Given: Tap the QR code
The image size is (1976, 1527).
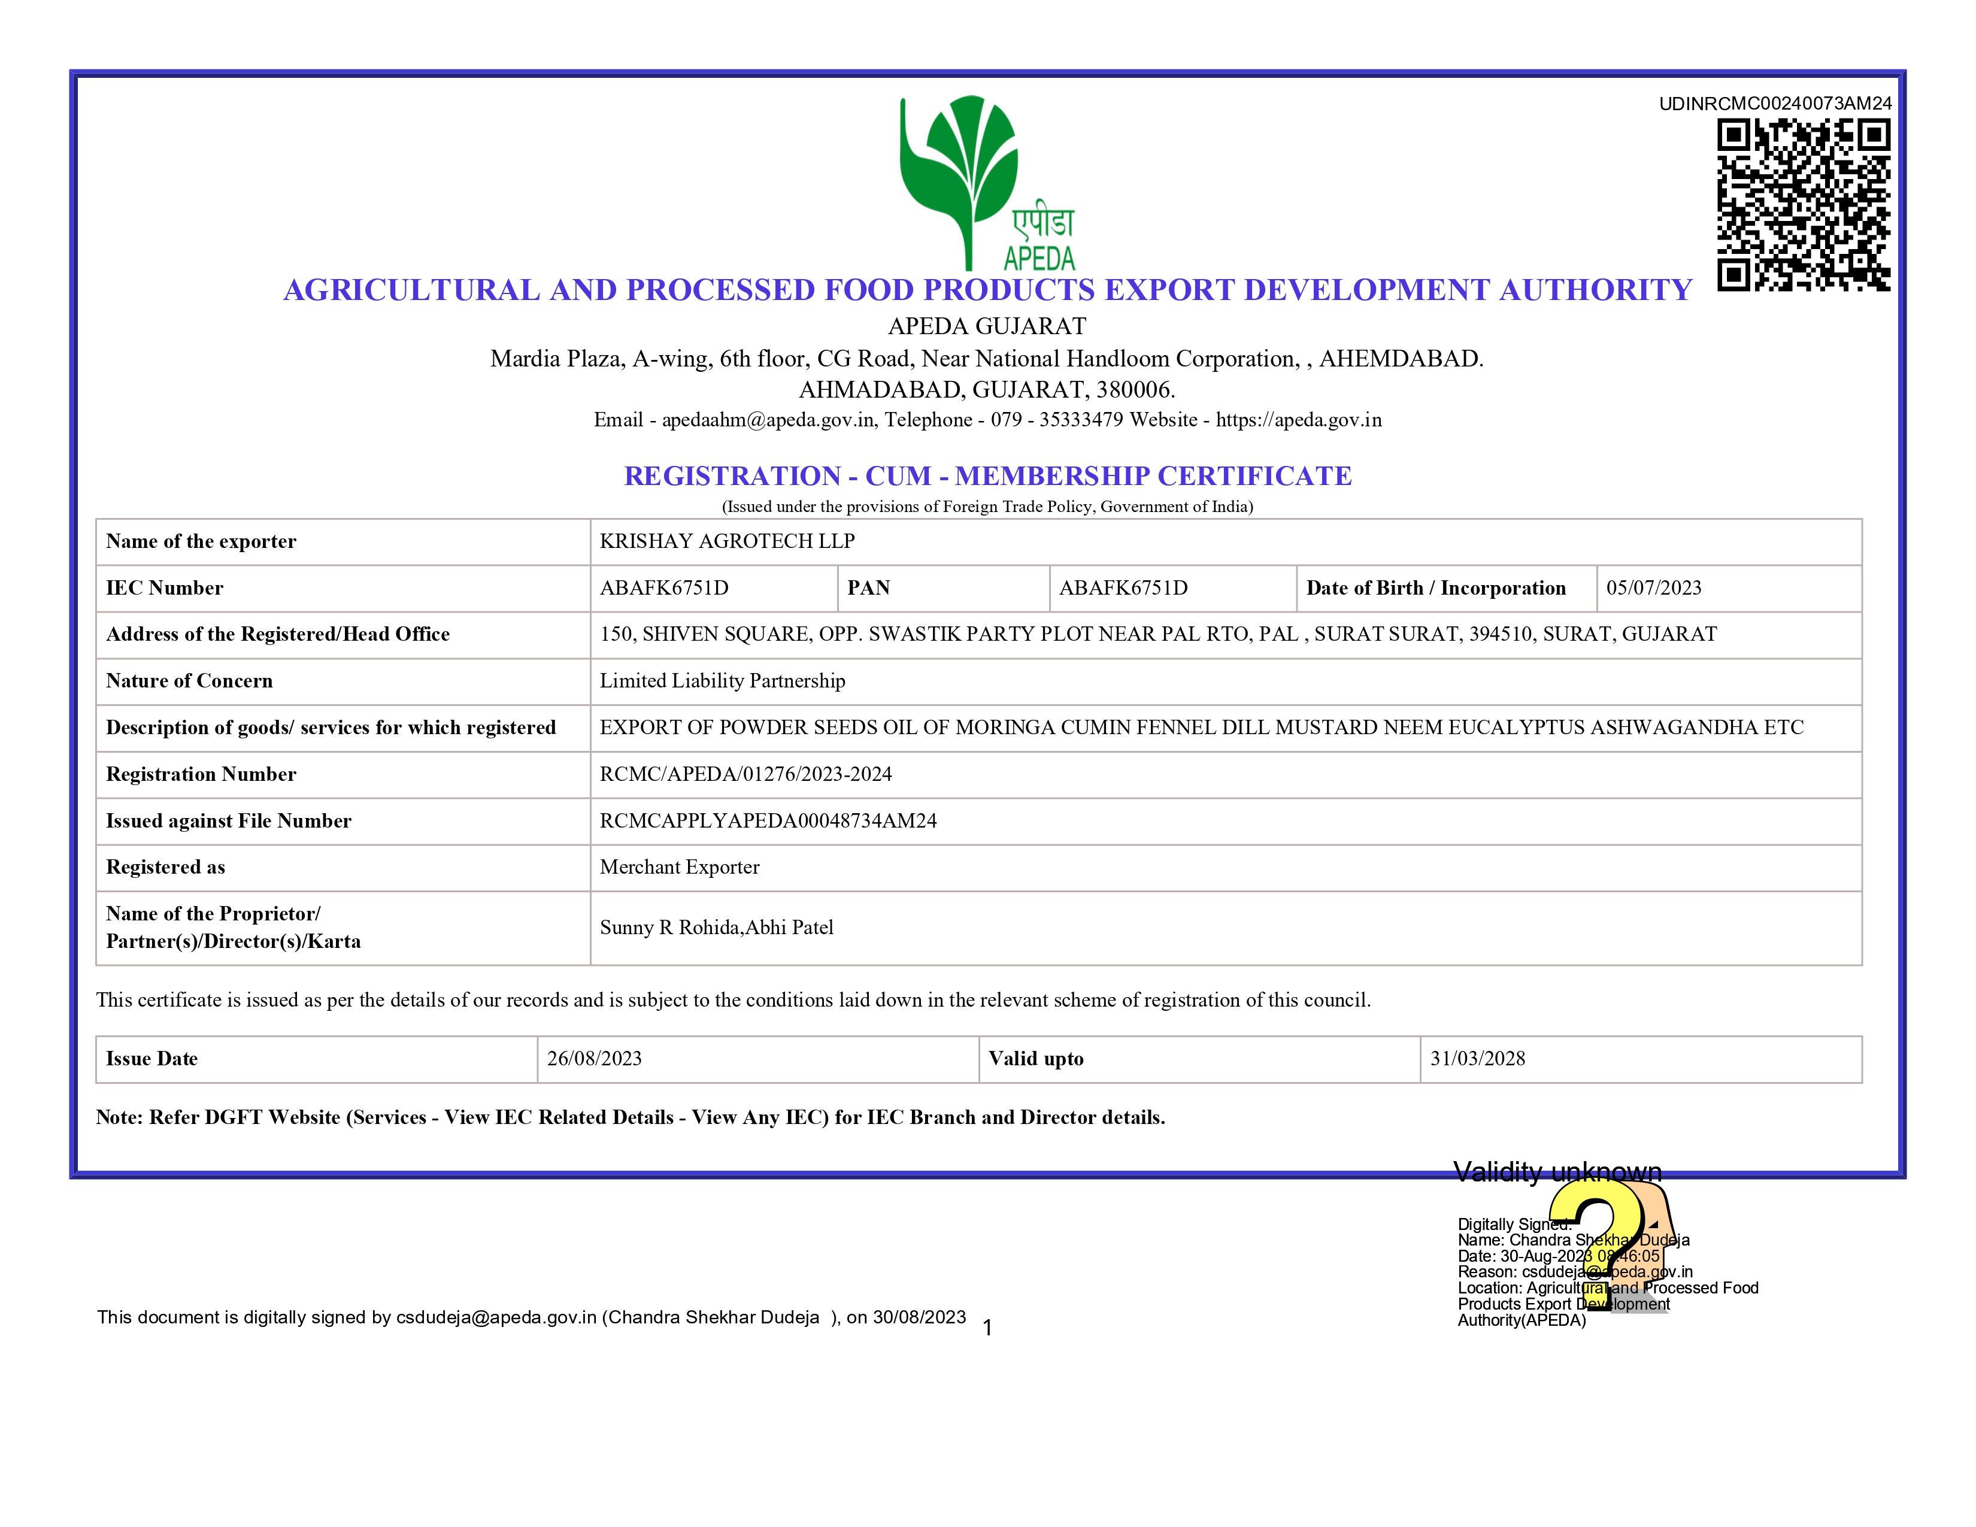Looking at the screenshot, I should pyautogui.click(x=1803, y=205).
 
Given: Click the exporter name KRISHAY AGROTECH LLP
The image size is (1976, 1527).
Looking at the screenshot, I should pyautogui.click(x=726, y=541).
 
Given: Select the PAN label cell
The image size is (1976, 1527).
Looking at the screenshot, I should pyautogui.click(x=869, y=588).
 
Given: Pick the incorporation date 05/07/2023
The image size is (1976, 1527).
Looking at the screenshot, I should pyautogui.click(x=1653, y=588).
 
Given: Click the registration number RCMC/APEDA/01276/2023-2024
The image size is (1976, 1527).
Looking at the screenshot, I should pyautogui.click(x=745, y=774).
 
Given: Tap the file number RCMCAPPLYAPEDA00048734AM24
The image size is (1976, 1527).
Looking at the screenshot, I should pyautogui.click(x=768, y=820).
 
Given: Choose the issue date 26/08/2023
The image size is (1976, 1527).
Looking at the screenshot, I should pyautogui.click(x=595, y=1058).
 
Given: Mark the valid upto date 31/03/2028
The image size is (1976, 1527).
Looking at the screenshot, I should pyautogui.click(x=1477, y=1058).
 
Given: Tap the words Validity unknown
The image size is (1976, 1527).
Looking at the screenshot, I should pyautogui.click(x=1557, y=1172).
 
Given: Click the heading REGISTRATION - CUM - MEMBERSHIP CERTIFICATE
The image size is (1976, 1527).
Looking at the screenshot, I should pyautogui.click(x=987, y=476).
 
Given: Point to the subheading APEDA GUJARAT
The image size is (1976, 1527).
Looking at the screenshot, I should pyautogui.click(x=987, y=326).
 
